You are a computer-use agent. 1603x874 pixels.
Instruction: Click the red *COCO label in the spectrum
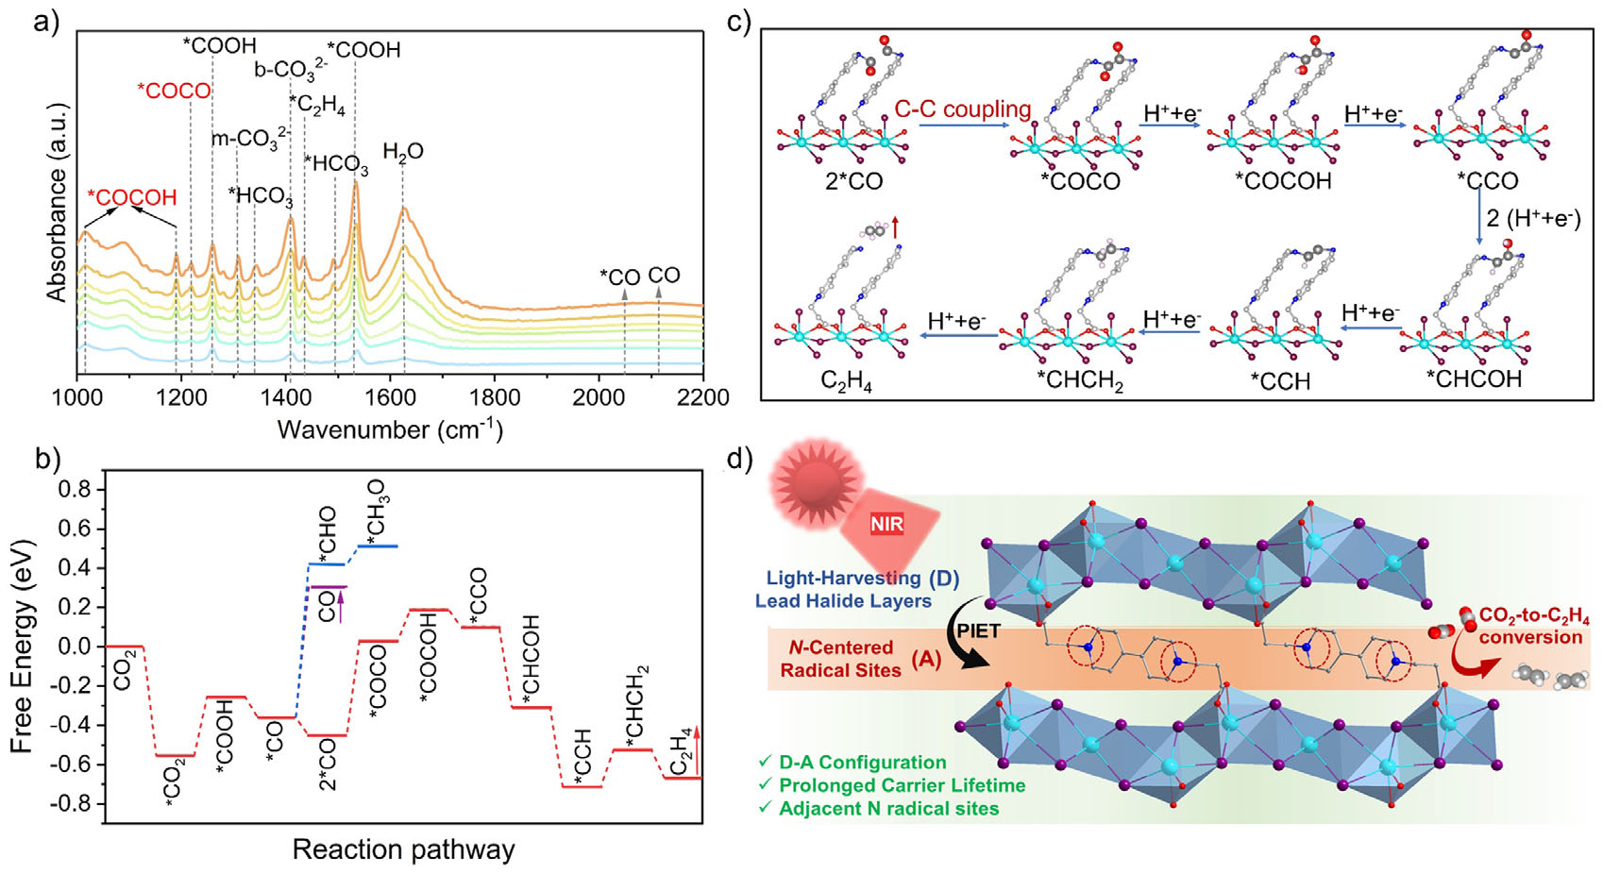(175, 91)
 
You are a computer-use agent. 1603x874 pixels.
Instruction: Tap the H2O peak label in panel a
(403, 151)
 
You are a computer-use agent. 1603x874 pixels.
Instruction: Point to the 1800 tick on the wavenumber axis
(495, 397)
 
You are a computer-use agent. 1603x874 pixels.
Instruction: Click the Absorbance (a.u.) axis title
(57, 202)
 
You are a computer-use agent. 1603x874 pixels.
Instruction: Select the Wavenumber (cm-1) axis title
(390, 430)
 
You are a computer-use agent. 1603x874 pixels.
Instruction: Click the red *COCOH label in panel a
(132, 197)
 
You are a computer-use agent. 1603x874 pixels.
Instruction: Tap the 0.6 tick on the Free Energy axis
(77, 529)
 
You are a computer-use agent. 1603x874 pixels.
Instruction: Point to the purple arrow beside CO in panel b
(342, 602)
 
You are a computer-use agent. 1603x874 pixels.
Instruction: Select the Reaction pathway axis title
(403, 849)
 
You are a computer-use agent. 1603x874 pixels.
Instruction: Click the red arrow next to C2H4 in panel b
(697, 749)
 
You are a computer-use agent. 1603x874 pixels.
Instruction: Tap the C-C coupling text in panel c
(963, 109)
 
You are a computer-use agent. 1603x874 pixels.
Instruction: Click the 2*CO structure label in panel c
(853, 181)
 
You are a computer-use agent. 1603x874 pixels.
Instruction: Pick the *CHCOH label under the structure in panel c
(1474, 378)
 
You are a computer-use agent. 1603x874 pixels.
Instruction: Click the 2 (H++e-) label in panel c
(1533, 219)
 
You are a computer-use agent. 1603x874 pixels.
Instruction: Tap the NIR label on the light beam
(887, 523)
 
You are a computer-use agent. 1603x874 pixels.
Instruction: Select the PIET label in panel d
(978, 630)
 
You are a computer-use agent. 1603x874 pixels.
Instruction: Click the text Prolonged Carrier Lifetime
(902, 785)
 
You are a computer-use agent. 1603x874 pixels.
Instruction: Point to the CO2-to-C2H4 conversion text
(1533, 627)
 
